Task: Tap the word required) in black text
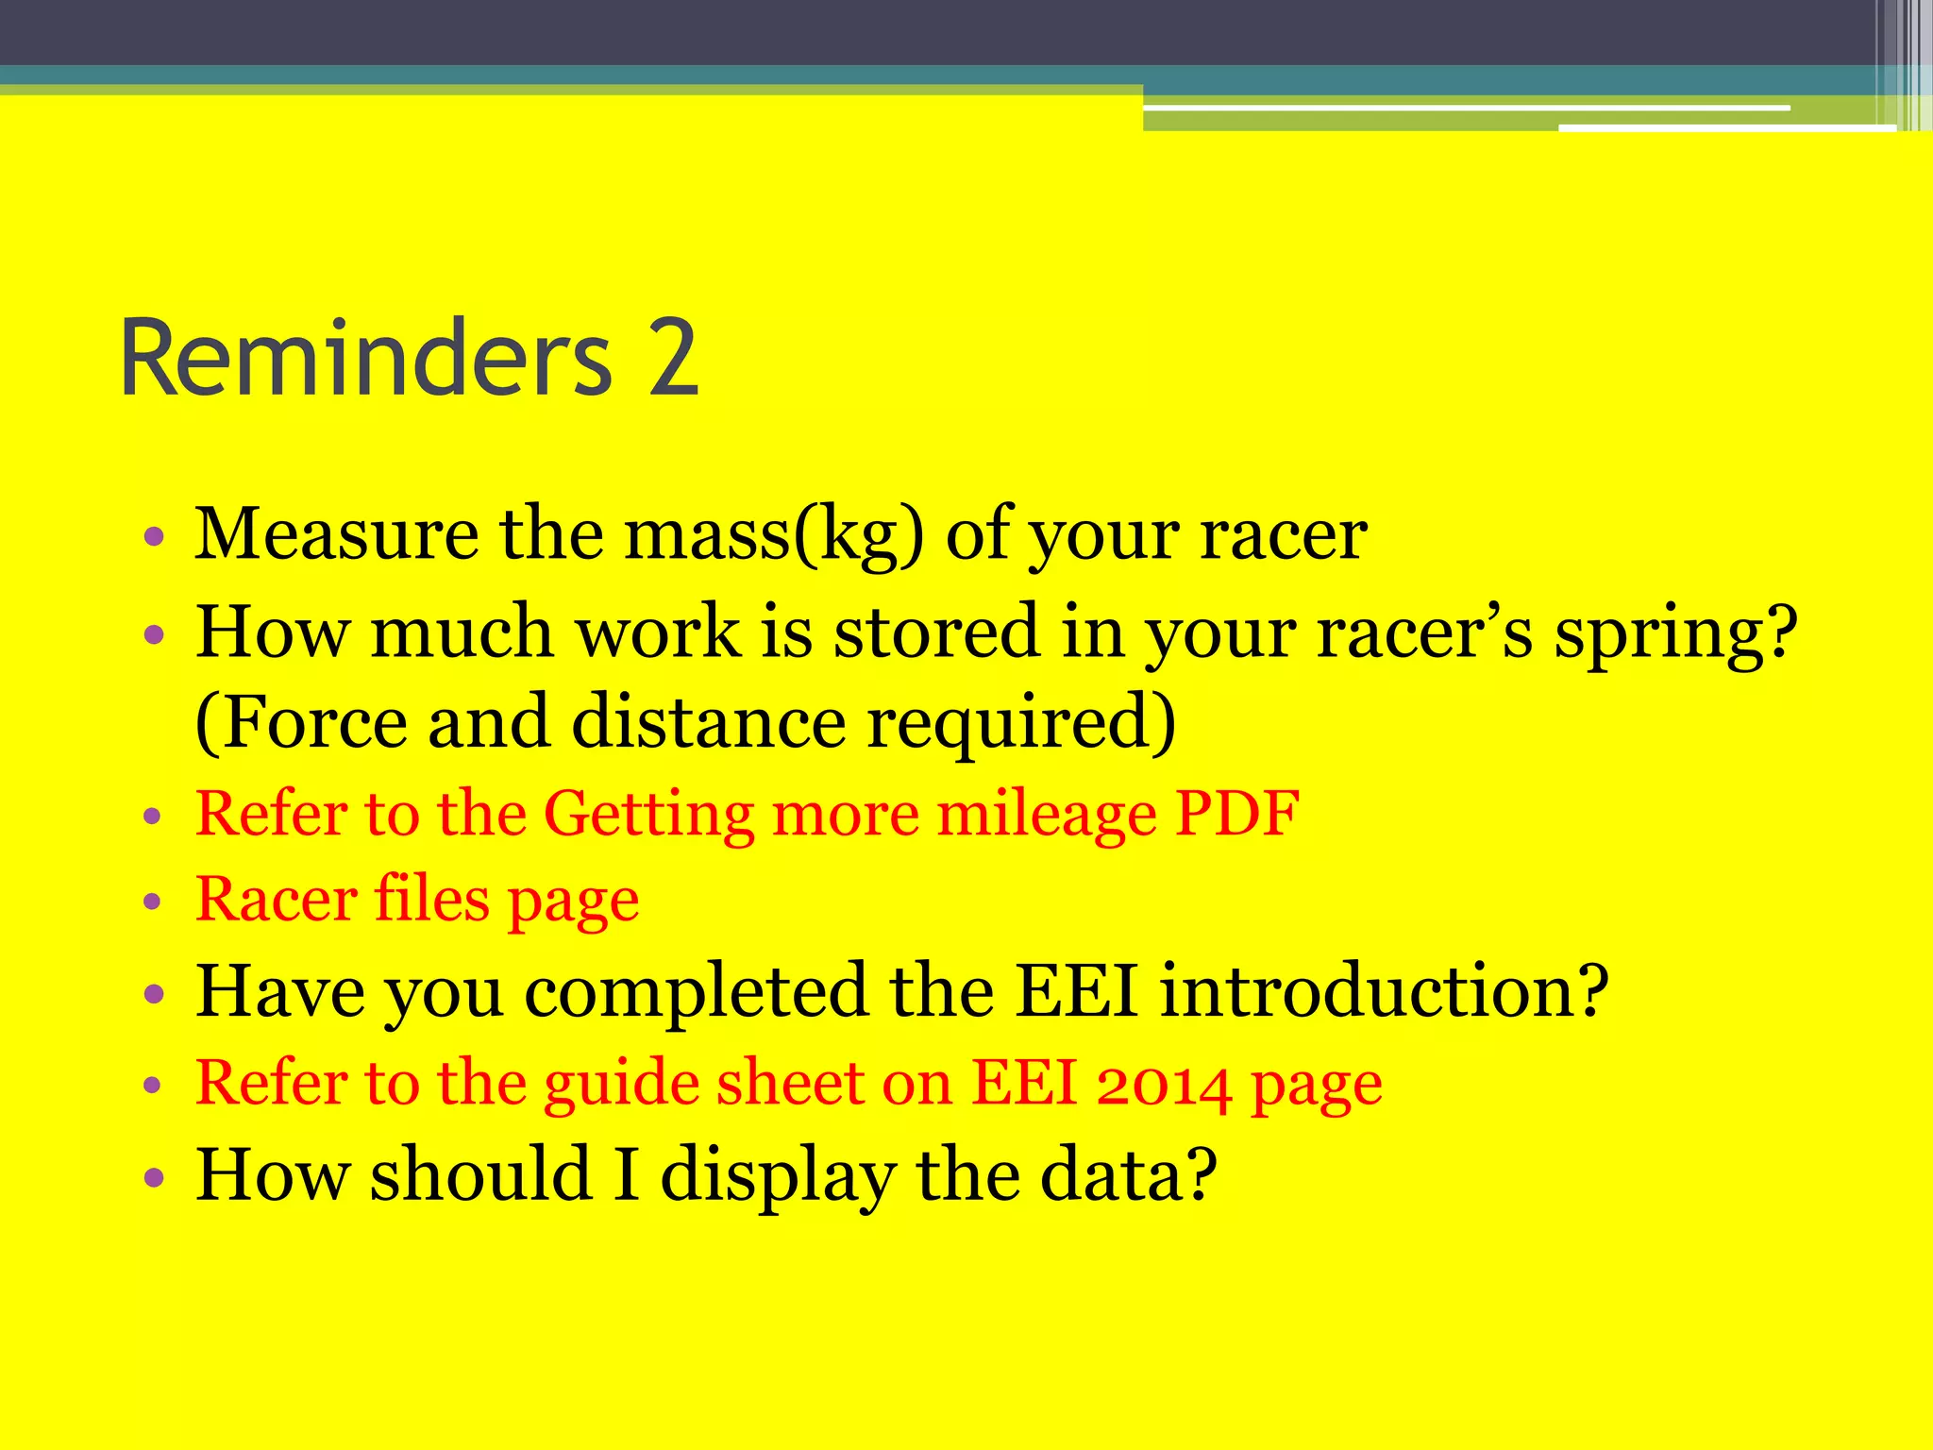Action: coord(1021,723)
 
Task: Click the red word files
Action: coord(432,899)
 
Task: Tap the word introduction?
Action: coord(1384,991)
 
